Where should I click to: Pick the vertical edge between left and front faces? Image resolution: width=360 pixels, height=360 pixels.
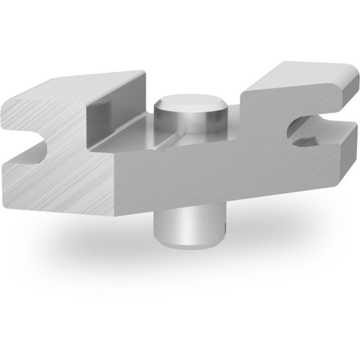pyautogui.click(x=114, y=180)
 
